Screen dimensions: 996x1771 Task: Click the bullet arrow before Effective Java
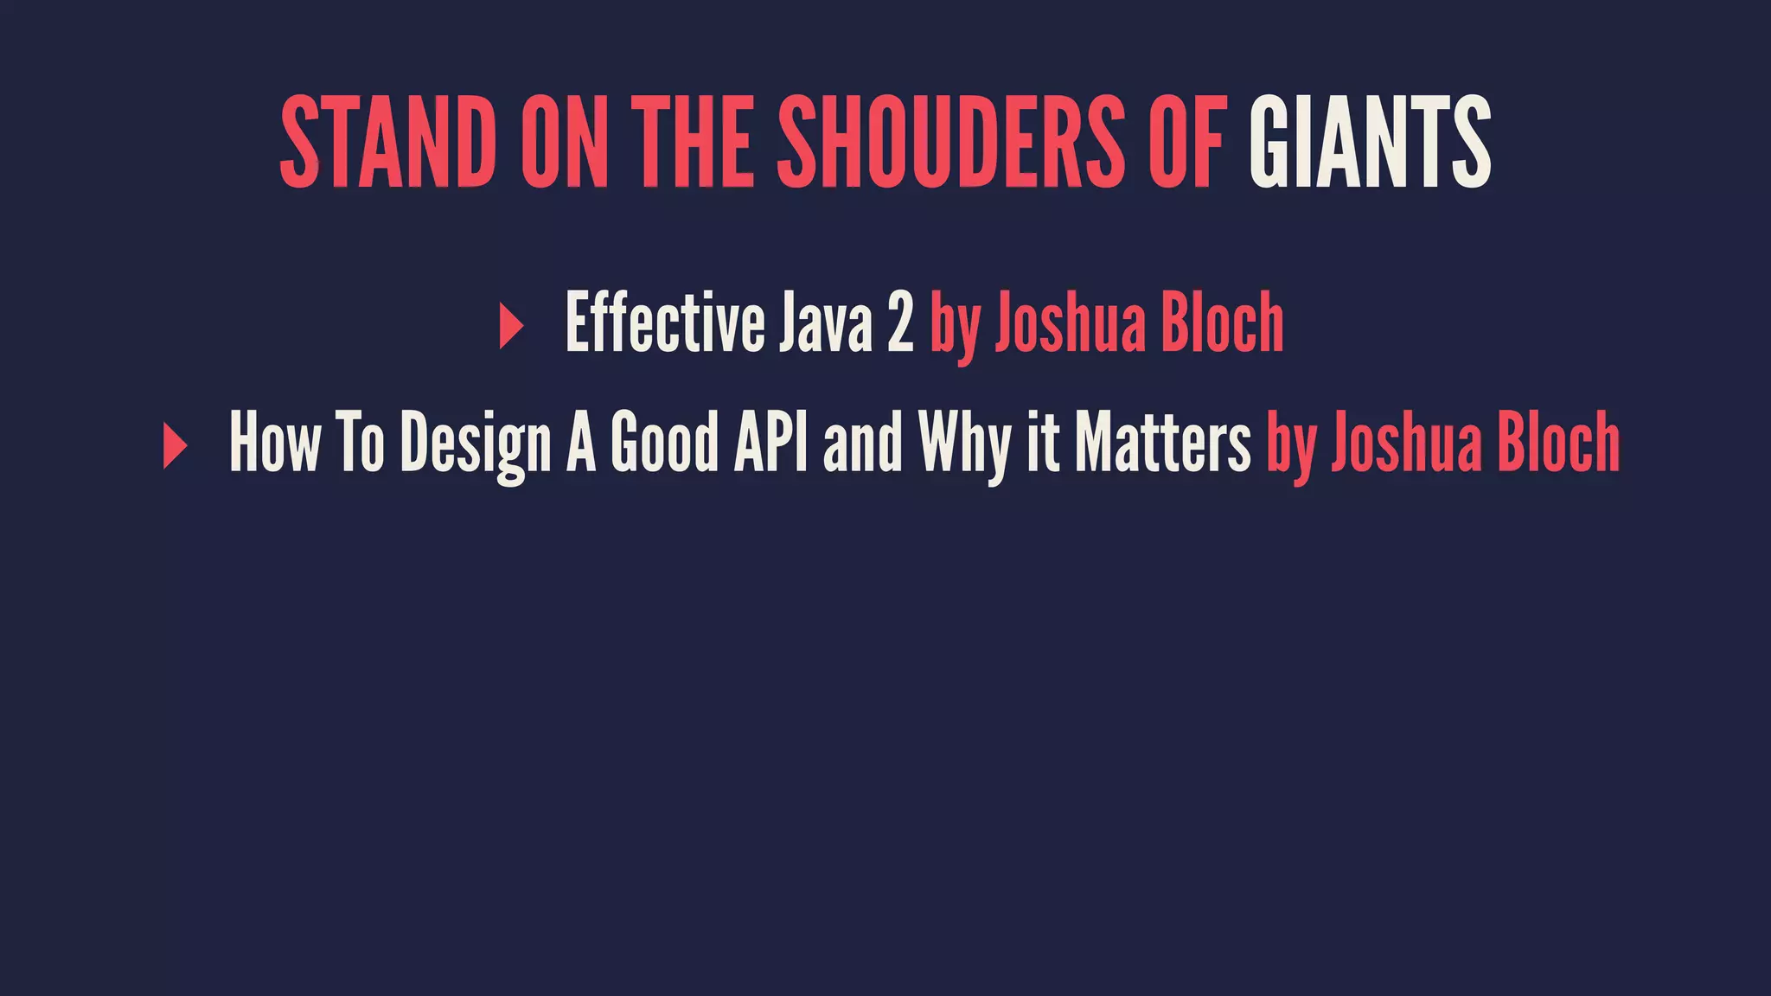point(511,327)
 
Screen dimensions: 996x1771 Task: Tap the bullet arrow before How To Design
point(175,447)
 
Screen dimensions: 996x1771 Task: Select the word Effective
point(664,322)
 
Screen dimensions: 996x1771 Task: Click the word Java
point(825,322)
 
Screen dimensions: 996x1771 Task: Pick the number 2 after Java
point(900,322)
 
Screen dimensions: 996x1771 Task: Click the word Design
point(476,443)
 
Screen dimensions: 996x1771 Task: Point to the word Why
point(964,443)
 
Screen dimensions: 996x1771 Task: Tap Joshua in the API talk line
point(1405,443)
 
